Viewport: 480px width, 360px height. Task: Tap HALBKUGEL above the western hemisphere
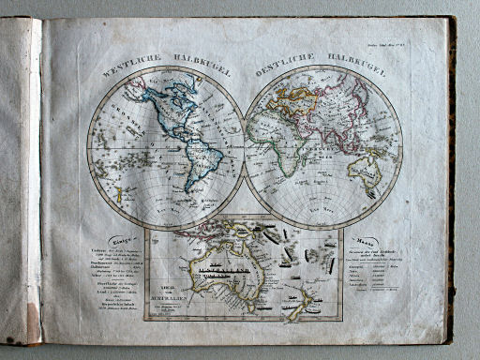pyautogui.click(x=198, y=60)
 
